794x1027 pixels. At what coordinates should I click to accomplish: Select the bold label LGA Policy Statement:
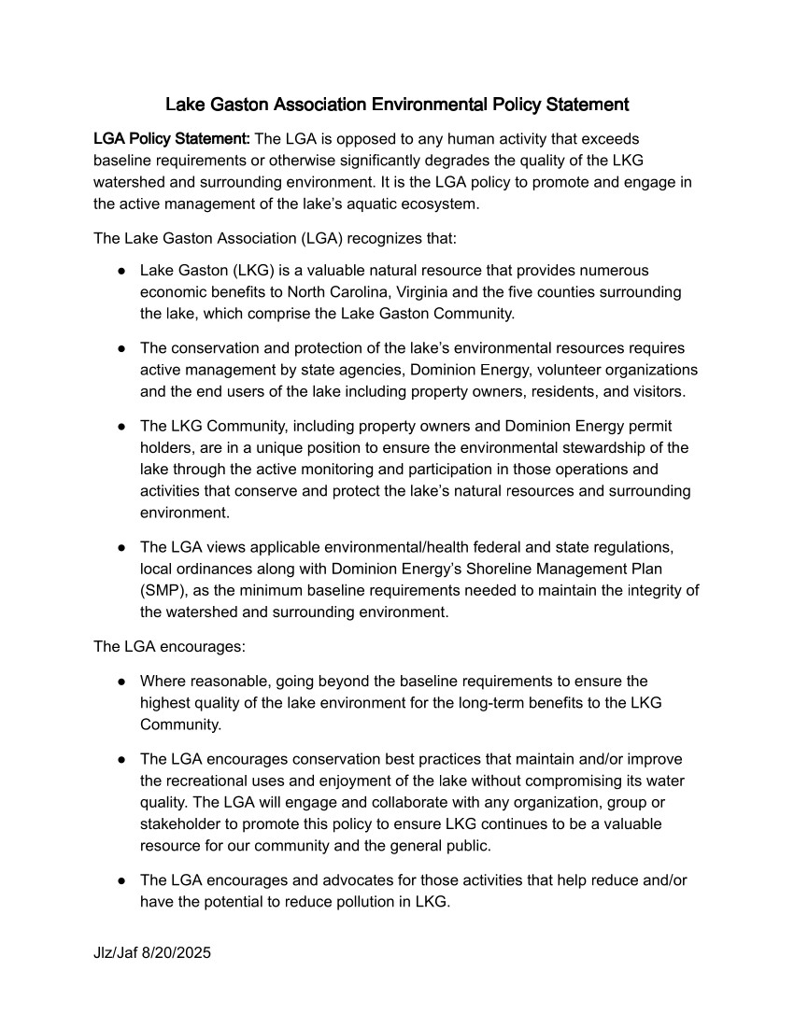[x=171, y=139]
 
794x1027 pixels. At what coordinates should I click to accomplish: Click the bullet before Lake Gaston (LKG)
[x=121, y=271]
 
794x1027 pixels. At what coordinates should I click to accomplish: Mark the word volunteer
[x=562, y=370]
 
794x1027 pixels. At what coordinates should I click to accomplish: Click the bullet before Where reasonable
[x=121, y=682]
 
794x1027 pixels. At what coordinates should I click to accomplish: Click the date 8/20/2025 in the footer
[x=177, y=953]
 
